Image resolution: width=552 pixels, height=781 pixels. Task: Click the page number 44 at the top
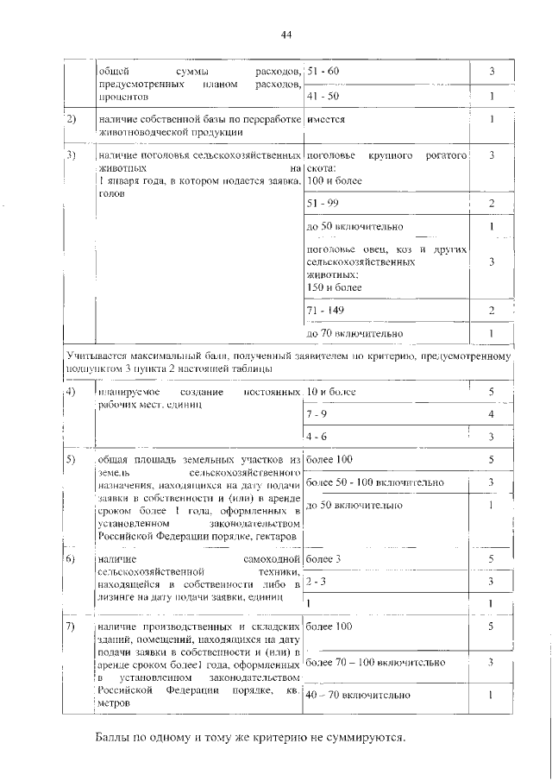[x=286, y=34]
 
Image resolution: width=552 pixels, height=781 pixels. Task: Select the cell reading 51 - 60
[x=324, y=70]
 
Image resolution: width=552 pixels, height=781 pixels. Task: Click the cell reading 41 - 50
[x=324, y=96]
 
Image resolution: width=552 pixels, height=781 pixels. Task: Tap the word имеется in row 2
[x=326, y=120]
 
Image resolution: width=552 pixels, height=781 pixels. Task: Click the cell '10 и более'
[x=331, y=393]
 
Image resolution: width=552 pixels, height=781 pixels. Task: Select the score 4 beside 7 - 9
[x=490, y=415]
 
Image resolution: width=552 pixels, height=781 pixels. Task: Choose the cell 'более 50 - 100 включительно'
[x=375, y=482]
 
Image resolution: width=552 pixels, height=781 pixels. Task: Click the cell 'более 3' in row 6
[x=324, y=559]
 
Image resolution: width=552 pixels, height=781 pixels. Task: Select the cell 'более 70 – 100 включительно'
[x=375, y=662]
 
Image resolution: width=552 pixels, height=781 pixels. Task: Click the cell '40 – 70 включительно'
[x=359, y=695]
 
